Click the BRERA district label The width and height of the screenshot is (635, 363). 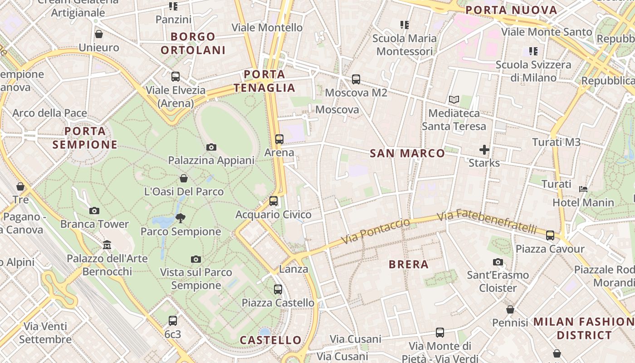408,265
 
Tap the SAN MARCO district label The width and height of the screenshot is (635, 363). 407,153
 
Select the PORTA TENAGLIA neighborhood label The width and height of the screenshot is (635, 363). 264,81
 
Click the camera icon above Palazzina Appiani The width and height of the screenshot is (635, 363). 211,147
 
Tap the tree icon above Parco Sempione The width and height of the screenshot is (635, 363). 181,218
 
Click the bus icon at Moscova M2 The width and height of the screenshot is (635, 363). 356,79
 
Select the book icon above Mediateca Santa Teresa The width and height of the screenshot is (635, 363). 454,99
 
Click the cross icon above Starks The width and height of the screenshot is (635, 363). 484,149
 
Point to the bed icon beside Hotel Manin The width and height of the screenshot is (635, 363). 583,189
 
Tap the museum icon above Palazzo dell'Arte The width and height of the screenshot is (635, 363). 107,245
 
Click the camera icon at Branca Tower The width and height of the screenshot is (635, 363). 94,211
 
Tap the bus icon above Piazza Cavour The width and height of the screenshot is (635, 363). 550,235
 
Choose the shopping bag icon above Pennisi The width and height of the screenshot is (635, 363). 510,309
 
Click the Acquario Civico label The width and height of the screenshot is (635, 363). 274,215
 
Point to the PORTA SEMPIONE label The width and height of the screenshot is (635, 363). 85,138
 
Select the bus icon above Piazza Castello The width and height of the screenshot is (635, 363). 278,289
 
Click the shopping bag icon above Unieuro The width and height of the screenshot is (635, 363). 99,34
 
